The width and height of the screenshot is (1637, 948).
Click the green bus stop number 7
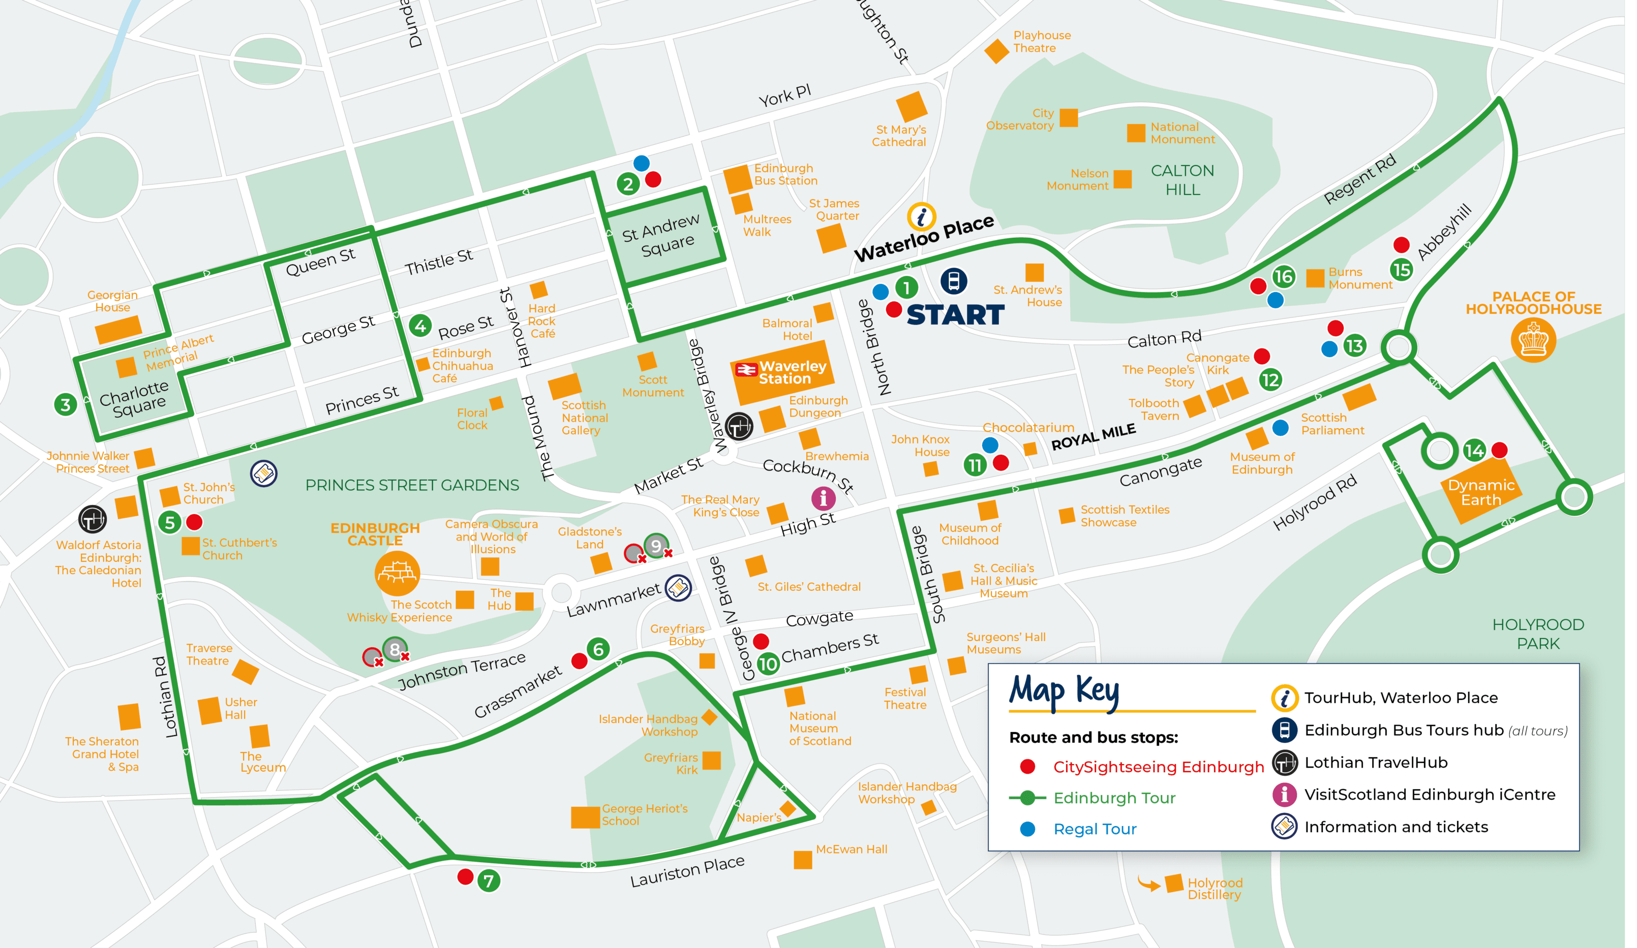pos(489,880)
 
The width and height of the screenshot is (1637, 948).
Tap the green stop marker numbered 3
pos(65,404)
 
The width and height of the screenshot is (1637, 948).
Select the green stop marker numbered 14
pos(1474,450)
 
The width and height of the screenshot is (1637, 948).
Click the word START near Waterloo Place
pos(955,315)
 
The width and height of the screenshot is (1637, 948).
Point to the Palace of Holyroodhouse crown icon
pos(1533,339)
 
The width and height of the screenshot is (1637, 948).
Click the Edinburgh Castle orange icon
pos(397,573)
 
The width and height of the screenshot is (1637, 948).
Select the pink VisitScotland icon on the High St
pos(823,498)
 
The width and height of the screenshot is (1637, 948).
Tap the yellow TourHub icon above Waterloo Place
pos(921,216)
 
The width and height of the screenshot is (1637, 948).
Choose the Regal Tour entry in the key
pos(1095,829)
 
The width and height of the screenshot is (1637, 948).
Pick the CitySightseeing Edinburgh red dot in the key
pos(1027,767)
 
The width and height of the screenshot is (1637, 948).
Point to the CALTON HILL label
pos(1183,180)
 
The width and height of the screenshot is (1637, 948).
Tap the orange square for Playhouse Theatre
pos(996,51)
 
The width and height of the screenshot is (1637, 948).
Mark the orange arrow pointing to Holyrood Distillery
pos(1148,883)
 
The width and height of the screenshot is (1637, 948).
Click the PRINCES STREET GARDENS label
pos(412,485)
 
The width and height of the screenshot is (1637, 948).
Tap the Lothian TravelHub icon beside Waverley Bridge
pos(739,427)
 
